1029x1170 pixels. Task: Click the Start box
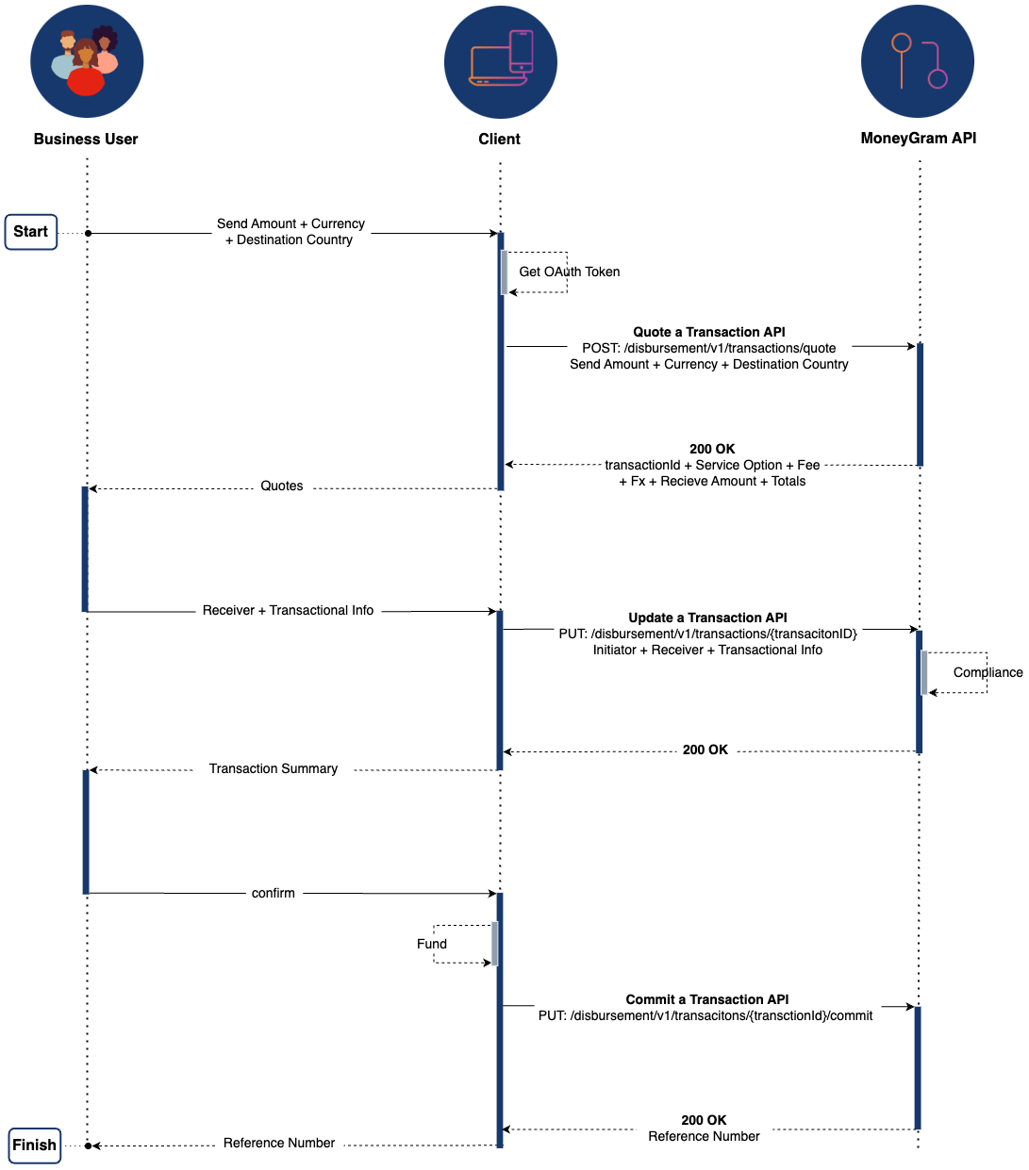pos(30,232)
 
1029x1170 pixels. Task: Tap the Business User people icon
pos(87,61)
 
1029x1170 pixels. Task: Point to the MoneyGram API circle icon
pos(917,61)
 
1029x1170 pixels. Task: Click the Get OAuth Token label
pos(569,272)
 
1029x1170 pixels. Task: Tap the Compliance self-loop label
pos(988,671)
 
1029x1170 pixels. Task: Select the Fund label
pos(432,943)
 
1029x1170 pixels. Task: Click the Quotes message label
pos(281,486)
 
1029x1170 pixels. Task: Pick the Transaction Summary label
pos(274,768)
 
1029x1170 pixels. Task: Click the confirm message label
pos(273,893)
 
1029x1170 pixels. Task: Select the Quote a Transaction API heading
pos(709,332)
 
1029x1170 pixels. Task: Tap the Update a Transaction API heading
pos(707,618)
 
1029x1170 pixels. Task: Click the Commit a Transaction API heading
pos(706,999)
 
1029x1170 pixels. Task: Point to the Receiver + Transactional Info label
pos(288,610)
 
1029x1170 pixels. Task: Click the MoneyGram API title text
pos(918,138)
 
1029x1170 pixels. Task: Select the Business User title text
pos(86,140)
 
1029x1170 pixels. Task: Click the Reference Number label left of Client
pos(279,1143)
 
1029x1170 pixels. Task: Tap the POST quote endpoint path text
pos(708,348)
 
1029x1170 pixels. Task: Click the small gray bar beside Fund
pos(494,943)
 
